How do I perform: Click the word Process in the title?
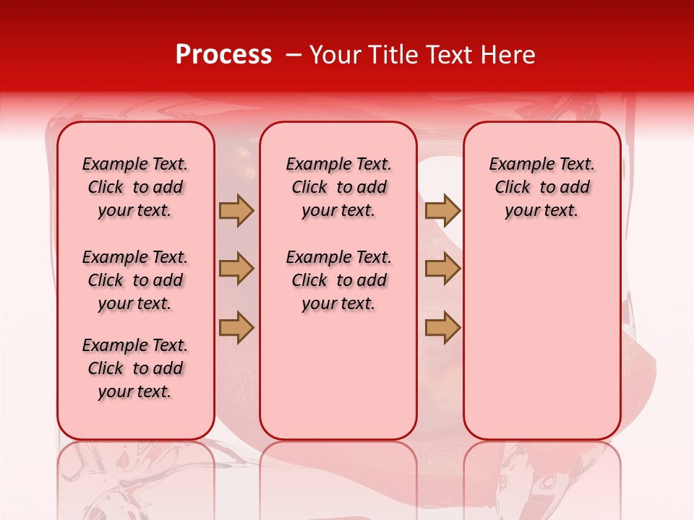click(x=223, y=55)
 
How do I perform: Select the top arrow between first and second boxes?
click(x=236, y=211)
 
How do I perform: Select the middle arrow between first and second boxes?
click(x=236, y=269)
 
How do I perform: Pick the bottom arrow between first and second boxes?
click(x=236, y=327)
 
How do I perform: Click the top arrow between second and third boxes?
click(x=442, y=211)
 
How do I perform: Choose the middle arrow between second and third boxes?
click(x=442, y=269)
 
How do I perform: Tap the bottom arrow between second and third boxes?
click(x=442, y=327)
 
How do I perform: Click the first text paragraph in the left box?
click(x=135, y=187)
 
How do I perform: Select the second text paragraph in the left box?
click(x=135, y=280)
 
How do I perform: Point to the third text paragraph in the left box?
click(x=135, y=368)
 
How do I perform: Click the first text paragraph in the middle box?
click(x=339, y=187)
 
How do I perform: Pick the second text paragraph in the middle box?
click(x=339, y=280)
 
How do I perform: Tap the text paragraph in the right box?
click(x=542, y=187)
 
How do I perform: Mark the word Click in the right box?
click(x=513, y=188)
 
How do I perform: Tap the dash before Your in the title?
click(x=294, y=55)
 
